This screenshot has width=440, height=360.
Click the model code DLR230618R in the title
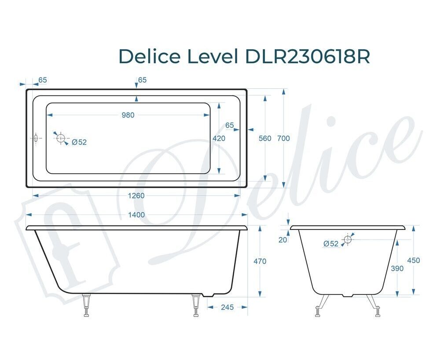pyautogui.click(x=308, y=56)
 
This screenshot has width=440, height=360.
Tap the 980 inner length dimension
pyautogui.click(x=128, y=115)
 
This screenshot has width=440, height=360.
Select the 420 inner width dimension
pyautogui.click(x=219, y=138)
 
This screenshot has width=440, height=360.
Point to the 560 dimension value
pyautogui.click(x=265, y=138)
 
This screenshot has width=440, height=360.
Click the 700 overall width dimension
pyautogui.click(x=283, y=138)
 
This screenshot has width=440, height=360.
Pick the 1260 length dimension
pyautogui.click(x=136, y=196)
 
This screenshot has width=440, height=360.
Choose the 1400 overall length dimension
pyautogui.click(x=136, y=215)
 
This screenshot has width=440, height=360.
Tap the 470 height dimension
pyautogui.click(x=260, y=261)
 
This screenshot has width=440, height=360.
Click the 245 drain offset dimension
pyautogui.click(x=227, y=307)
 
